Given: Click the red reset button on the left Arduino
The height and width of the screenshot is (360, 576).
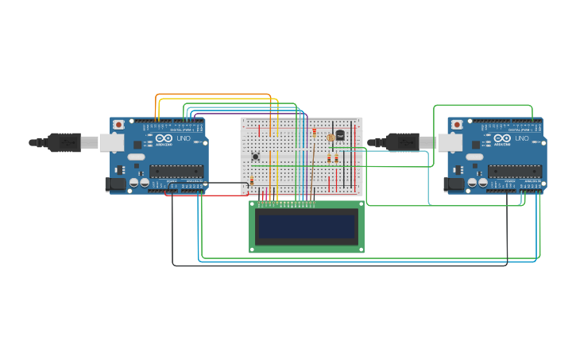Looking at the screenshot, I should coord(118,125).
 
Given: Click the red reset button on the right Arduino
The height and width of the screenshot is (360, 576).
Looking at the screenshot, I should coord(457,125).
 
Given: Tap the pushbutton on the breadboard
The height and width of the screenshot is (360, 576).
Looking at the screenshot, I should coord(255,156).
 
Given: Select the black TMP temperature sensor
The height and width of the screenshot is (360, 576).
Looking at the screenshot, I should coord(340,135).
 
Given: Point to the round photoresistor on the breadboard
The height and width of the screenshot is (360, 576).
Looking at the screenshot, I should coord(331,137).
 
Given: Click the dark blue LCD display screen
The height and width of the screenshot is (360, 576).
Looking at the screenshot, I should coord(307,226).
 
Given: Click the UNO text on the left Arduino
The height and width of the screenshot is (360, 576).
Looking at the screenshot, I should coord(184,138).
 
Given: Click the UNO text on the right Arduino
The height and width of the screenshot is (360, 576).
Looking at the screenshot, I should coord(522,138).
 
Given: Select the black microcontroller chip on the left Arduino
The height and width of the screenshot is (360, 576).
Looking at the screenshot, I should coord(176,171).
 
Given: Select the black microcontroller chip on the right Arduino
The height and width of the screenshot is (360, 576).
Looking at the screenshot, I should coord(515,171).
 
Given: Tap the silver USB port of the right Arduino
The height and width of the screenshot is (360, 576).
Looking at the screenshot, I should coord(450,142).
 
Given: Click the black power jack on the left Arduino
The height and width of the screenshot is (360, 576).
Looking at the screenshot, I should coord(115,184).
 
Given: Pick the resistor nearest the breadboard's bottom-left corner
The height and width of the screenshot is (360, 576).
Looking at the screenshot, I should coord(252,181).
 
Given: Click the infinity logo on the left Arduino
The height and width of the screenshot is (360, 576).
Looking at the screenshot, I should coord(167,138).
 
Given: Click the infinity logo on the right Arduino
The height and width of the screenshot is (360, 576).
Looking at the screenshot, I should coord(505,138).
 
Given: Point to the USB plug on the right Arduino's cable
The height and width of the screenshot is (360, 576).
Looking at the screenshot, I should coord(402,142).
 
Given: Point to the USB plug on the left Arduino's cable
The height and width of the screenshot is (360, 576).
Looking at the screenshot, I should coord(64,142).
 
